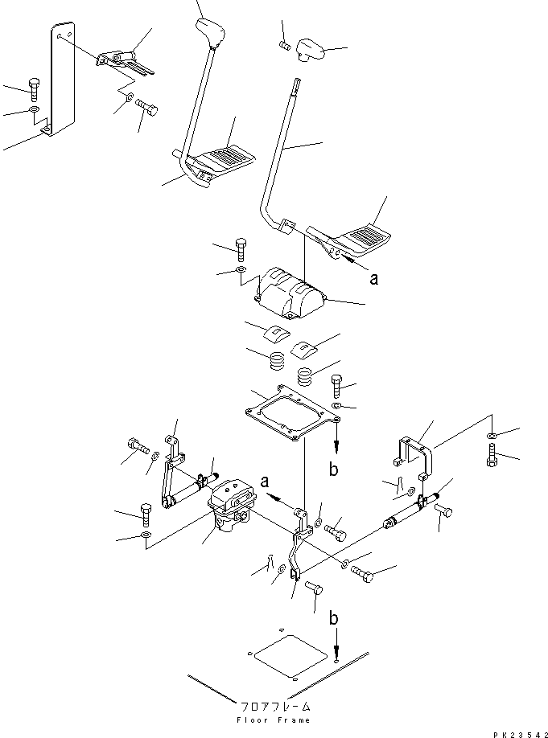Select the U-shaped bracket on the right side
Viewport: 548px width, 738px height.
click(x=414, y=452)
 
